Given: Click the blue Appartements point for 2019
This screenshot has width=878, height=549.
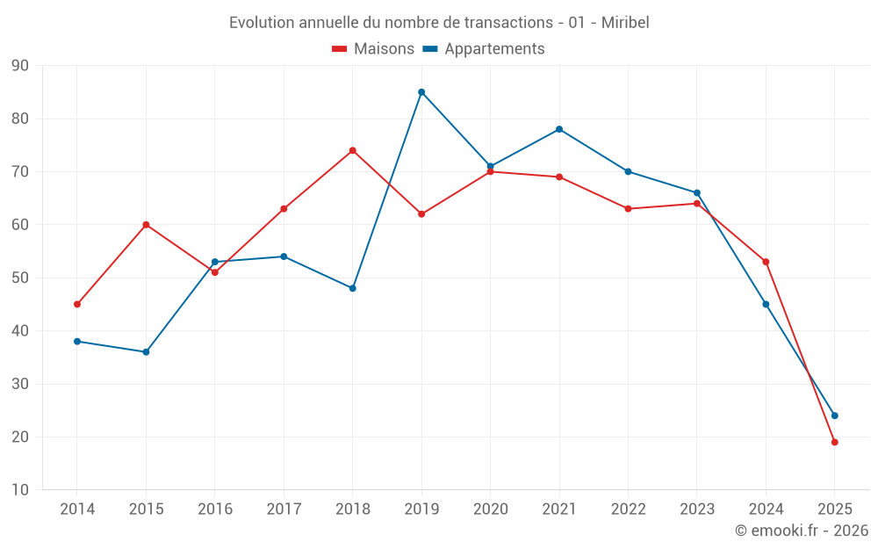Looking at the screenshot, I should pos(421,92).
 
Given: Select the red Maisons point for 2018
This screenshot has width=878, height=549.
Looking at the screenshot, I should pos(353,150).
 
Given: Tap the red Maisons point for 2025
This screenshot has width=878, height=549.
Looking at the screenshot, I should pos(834,442).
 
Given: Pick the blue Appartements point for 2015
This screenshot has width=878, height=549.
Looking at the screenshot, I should pos(146,352).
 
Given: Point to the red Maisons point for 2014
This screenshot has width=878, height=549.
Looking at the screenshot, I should pos(77,304).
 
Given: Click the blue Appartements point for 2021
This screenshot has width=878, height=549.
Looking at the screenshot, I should pos(559,129).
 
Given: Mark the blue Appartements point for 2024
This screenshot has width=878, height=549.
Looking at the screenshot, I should pos(766,304).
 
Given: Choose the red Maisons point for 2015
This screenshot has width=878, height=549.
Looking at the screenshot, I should pos(146,225).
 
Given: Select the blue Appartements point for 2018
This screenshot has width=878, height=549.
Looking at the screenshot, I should pos(353,288).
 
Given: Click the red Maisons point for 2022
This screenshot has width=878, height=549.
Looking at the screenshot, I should pos(628,209).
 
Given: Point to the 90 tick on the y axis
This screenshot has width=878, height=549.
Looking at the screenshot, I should pos(19,66).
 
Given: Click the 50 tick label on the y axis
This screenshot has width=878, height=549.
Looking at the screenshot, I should pos(19,278).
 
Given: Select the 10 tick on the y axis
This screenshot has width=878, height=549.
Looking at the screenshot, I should pos(19,490).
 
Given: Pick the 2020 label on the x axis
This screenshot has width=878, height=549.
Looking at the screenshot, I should pos(490,509).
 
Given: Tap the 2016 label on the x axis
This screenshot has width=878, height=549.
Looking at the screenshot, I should pos(215,509).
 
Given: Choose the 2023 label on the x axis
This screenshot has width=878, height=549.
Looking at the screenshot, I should pos(697,509).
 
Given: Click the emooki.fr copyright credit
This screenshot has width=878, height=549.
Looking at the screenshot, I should pos(801,531).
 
